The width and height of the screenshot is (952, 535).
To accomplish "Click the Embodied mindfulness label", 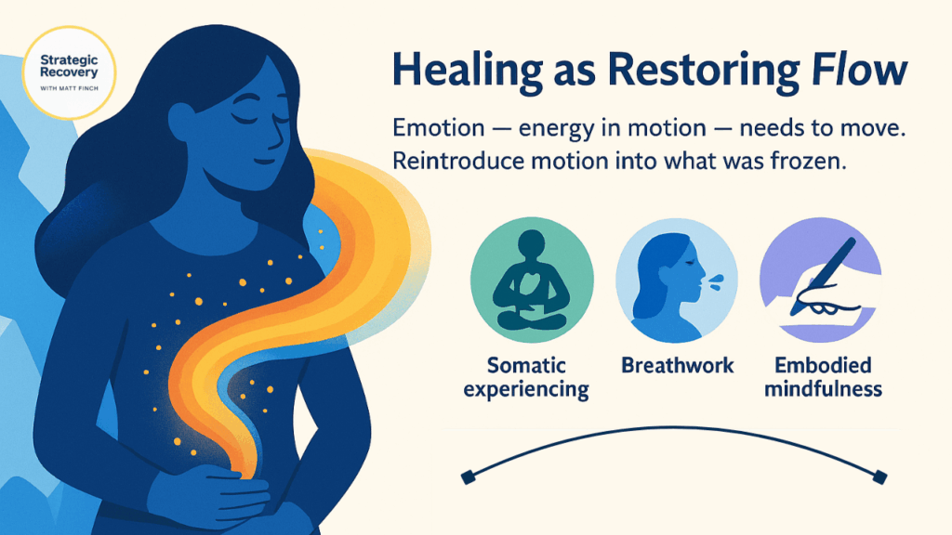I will (822, 377).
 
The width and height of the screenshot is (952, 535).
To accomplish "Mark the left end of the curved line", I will (468, 476).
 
